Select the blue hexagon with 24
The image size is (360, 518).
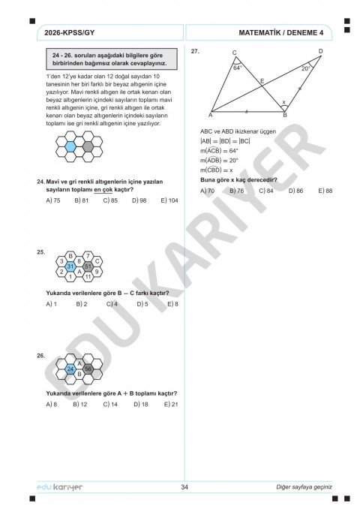click(x=70, y=369)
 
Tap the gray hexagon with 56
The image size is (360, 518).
click(x=88, y=369)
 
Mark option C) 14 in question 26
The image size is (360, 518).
click(x=110, y=404)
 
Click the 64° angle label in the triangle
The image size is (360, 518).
click(x=238, y=68)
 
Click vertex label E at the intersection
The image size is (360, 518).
click(x=262, y=80)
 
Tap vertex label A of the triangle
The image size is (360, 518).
click(x=210, y=116)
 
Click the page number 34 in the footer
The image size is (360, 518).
click(x=184, y=488)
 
